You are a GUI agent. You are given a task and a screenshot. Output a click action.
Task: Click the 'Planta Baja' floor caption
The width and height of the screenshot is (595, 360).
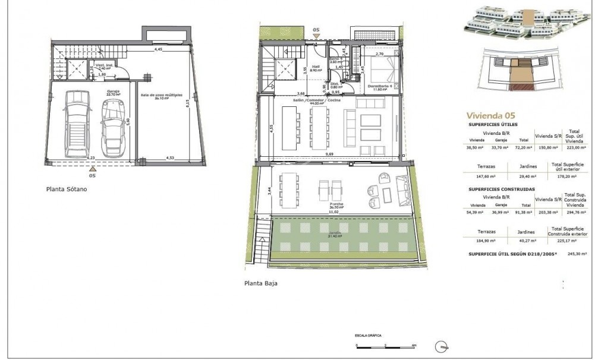260,283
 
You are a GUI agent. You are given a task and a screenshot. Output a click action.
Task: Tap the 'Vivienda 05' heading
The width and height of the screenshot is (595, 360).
490,115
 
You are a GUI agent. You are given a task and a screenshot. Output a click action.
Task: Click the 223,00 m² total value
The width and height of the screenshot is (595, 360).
574,146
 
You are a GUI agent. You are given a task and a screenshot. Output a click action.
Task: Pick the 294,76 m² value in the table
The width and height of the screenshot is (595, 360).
574,211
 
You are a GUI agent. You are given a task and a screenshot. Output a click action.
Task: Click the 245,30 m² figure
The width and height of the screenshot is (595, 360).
577,253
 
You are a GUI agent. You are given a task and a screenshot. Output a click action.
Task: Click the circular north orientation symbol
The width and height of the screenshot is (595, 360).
443,345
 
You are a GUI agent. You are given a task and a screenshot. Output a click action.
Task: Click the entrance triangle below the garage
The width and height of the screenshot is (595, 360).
92,169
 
